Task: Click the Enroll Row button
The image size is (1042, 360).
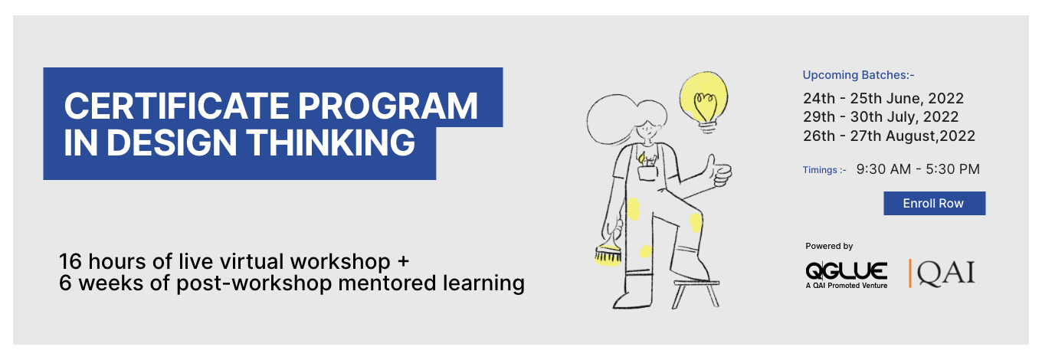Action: click(x=934, y=203)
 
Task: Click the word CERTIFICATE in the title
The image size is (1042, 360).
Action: click(x=177, y=106)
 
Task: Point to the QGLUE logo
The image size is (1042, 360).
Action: click(x=846, y=275)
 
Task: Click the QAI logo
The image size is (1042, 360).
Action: click(x=942, y=273)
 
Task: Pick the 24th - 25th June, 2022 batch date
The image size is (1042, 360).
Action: click(x=883, y=99)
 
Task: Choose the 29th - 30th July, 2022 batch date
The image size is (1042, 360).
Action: click(x=880, y=116)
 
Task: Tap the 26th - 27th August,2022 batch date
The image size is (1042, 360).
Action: click(x=889, y=136)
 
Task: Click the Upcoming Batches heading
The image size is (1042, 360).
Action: click(x=858, y=75)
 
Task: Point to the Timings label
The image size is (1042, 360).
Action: click(x=824, y=170)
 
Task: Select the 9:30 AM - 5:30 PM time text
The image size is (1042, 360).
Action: click(x=918, y=169)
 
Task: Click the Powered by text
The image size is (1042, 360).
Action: click(x=829, y=246)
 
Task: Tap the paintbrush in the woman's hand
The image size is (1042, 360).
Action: click(x=608, y=252)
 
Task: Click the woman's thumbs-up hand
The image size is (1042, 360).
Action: click(x=718, y=172)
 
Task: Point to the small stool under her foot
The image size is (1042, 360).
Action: click(x=696, y=293)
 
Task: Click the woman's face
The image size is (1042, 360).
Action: click(x=648, y=129)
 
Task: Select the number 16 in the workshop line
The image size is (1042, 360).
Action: click(x=70, y=262)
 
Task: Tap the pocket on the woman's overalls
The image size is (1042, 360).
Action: click(x=647, y=173)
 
